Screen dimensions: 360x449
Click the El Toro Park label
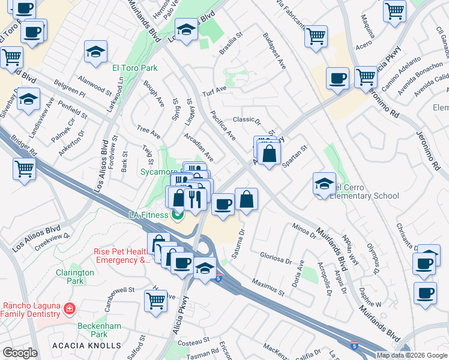coord(135,68)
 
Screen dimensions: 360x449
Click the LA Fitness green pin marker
coord(178,214)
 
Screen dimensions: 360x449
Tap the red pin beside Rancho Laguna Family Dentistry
coord(70,309)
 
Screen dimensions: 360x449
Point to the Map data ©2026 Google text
coord(411,355)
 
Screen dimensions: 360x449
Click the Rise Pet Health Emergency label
coord(122,256)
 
